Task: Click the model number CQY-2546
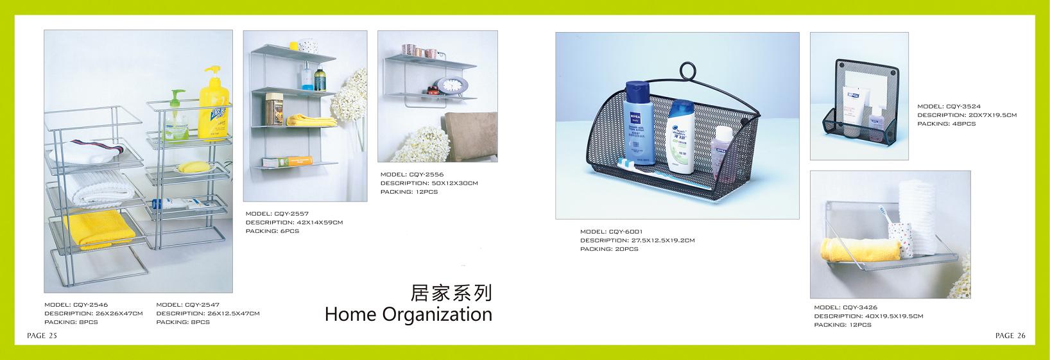point(76,305)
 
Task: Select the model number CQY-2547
point(188,305)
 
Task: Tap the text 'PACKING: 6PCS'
point(272,231)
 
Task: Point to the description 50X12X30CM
point(429,184)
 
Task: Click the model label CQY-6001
point(612,232)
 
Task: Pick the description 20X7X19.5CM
point(967,116)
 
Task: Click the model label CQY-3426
point(846,307)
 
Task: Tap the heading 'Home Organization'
point(408,314)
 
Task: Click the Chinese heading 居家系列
point(451,293)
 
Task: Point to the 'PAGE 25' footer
point(42,336)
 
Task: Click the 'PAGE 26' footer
point(1011,336)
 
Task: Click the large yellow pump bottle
point(214,103)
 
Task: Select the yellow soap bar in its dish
point(194,167)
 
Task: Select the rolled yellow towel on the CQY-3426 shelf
point(860,250)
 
